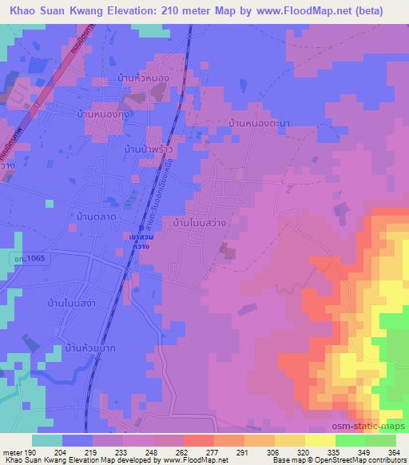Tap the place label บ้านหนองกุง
(x=105, y=116)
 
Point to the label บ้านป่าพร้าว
(x=149, y=149)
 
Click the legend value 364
(x=392, y=452)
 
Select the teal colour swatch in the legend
(x=46, y=440)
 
